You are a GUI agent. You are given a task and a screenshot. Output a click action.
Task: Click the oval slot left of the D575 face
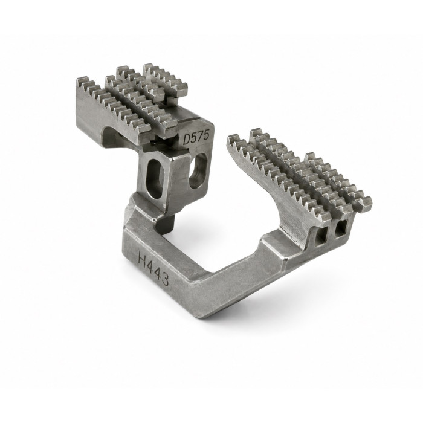pos(155,178)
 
